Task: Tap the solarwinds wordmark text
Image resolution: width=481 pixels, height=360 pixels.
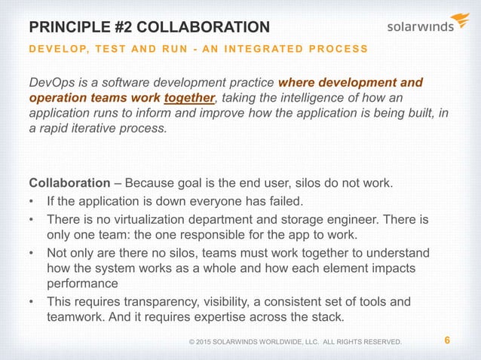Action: click(420, 27)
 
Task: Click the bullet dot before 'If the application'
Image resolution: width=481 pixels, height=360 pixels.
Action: click(32, 202)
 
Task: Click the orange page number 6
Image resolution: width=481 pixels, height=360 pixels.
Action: click(448, 340)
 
